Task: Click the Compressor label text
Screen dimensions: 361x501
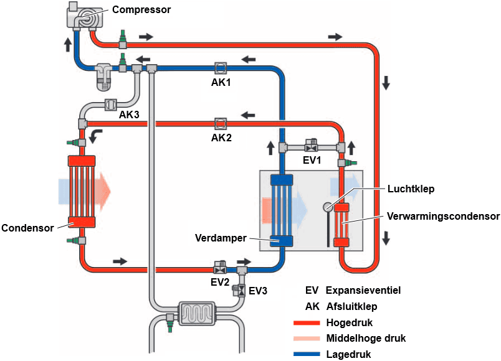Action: (141, 9)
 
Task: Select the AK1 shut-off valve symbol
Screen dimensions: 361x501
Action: (220, 67)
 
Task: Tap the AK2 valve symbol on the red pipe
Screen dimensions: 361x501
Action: (220, 122)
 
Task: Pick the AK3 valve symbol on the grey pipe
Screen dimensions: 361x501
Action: (112, 104)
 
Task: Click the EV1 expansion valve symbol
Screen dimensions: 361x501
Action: (311, 147)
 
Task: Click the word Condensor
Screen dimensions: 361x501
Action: (27, 227)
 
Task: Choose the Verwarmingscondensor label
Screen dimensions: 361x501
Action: (443, 217)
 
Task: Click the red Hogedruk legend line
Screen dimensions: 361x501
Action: (305, 322)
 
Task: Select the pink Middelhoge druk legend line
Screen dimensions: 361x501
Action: (305, 339)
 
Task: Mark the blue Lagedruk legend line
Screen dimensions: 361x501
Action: (305, 354)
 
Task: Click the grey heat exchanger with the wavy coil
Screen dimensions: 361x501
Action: (196, 312)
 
